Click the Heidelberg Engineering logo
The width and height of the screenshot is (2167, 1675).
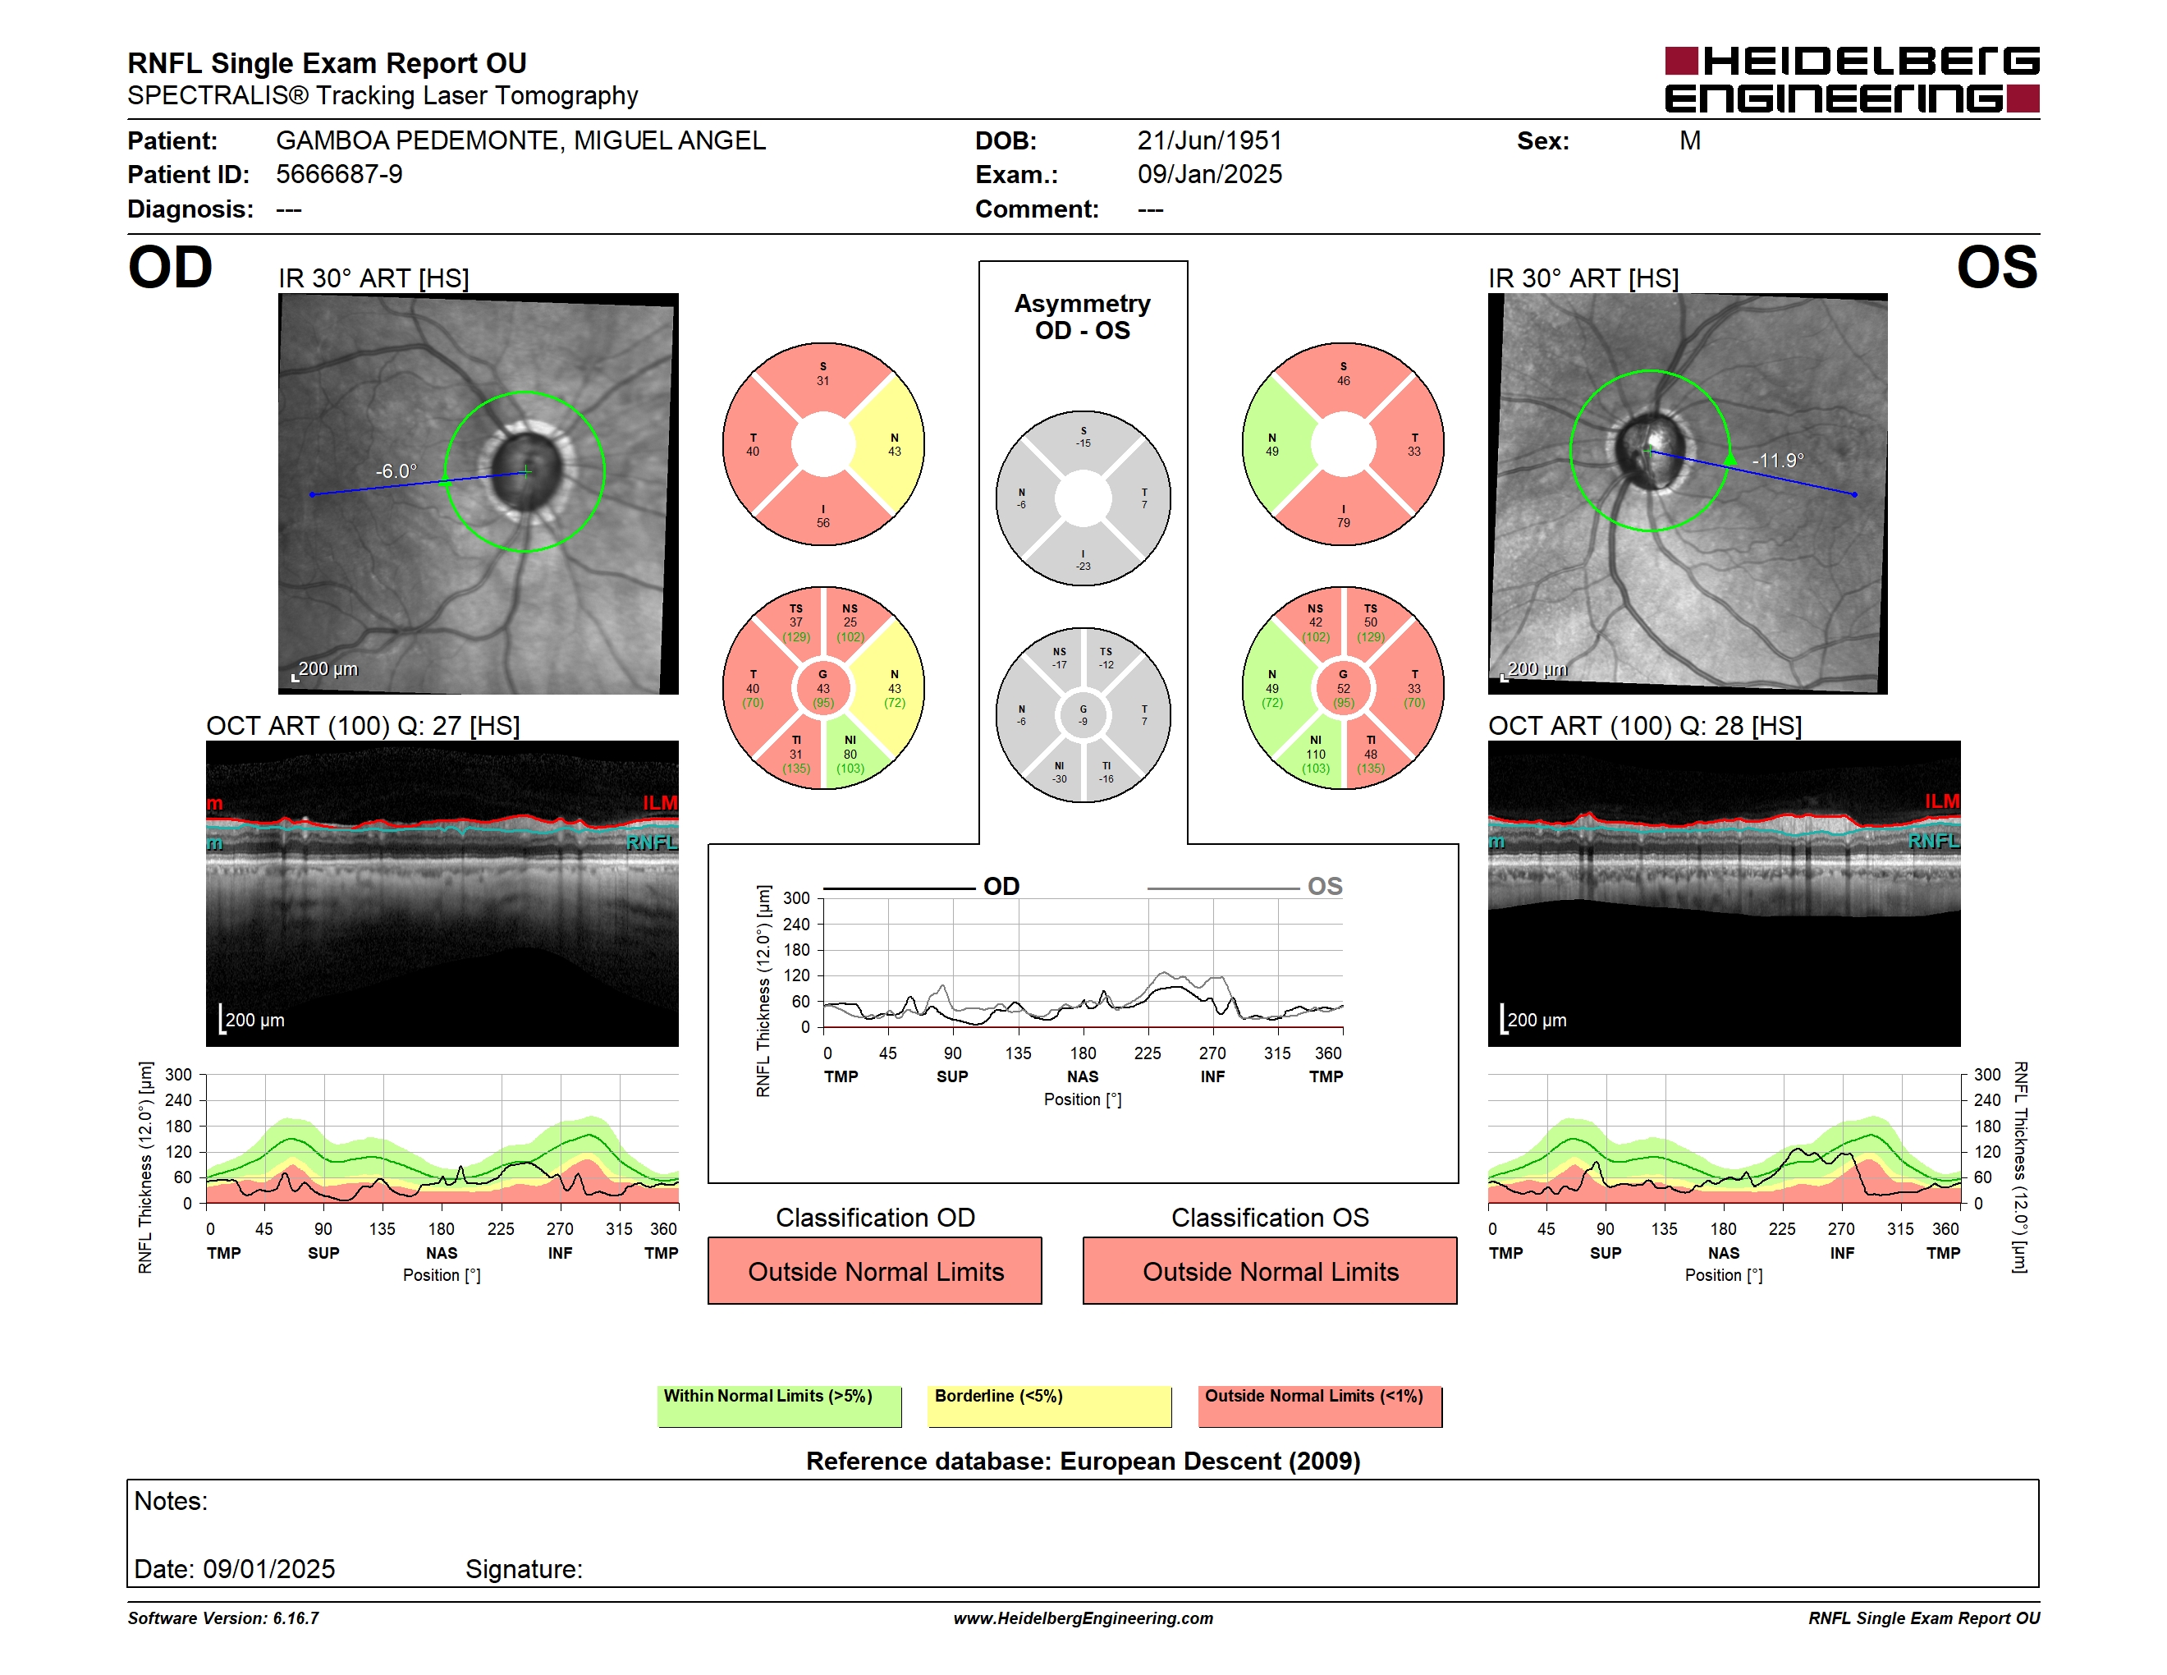(1852, 80)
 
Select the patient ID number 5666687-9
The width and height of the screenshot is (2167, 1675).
(339, 175)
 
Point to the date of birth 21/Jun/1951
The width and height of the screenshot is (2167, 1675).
(1210, 141)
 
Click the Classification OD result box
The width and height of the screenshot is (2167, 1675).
(875, 1270)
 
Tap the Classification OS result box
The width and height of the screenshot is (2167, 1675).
(1270, 1270)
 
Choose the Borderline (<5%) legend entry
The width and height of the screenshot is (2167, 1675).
(1050, 1406)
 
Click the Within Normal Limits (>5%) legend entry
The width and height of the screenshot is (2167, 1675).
(779, 1406)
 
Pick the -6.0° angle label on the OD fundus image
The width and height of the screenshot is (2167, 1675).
(396, 470)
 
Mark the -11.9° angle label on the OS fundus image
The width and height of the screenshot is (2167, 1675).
(1777, 461)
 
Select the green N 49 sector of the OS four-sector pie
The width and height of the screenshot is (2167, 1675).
(1273, 444)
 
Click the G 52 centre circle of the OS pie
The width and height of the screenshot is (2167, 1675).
(1344, 688)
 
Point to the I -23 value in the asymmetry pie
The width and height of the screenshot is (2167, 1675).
(1083, 561)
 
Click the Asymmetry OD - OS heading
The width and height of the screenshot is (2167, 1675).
(1083, 317)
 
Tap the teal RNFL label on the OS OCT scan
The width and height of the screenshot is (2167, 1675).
(1934, 842)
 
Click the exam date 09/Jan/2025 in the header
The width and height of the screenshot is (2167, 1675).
(1210, 175)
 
